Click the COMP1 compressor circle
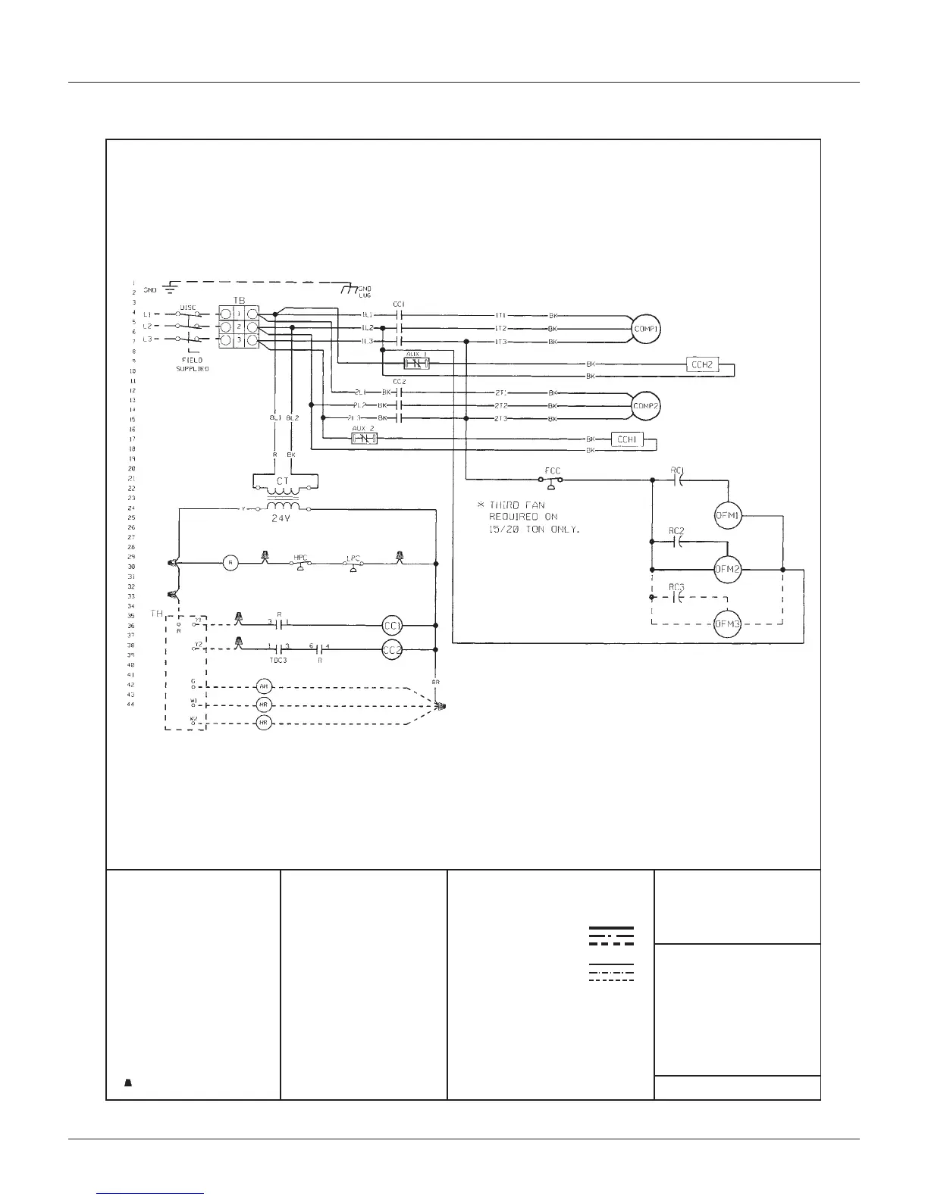tap(647, 330)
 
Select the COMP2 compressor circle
tap(647, 406)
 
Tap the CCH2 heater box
tap(701, 364)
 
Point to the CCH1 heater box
tap(626, 439)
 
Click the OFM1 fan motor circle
tap(729, 516)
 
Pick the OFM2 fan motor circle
tap(729, 569)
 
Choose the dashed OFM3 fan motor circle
tap(729, 624)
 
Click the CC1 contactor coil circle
tap(392, 626)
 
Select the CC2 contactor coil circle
tap(392, 650)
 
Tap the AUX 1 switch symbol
tap(417, 364)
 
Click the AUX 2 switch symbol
tap(365, 439)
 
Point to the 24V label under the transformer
tap(282, 520)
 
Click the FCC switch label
tap(553, 470)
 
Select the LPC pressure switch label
tap(353, 558)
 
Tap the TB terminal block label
tap(240, 301)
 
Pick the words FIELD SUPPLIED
tap(193, 364)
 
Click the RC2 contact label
tap(677, 531)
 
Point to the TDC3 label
tap(278, 660)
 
